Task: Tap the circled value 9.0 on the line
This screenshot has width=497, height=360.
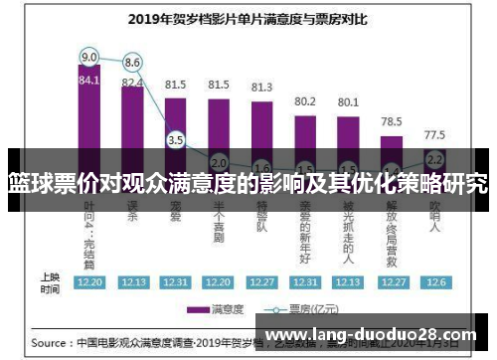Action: (89, 56)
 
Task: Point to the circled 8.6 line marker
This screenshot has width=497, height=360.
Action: (132, 62)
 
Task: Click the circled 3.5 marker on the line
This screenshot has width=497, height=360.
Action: (175, 140)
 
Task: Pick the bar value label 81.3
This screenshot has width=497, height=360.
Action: (261, 88)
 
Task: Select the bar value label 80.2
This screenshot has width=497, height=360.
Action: (305, 100)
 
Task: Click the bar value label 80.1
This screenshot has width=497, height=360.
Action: (348, 101)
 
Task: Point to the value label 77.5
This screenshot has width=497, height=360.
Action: (434, 133)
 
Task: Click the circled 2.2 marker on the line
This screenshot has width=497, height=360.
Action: (434, 158)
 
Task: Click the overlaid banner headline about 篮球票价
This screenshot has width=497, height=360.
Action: (248, 184)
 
